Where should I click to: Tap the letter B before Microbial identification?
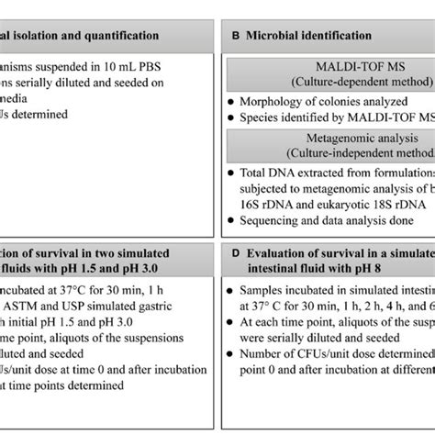tap(236, 37)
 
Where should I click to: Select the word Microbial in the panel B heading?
tap(275, 37)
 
